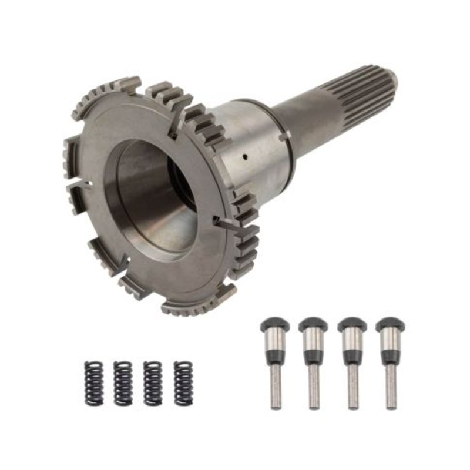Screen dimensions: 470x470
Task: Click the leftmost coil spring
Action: point(93,382)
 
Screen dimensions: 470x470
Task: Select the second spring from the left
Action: point(123,382)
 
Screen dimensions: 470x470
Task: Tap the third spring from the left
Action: point(153,382)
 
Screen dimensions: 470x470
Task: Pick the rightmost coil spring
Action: point(183,382)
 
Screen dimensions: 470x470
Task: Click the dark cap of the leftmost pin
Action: point(274,324)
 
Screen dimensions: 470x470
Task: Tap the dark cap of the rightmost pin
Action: point(389,324)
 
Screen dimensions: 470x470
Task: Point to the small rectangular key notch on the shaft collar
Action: point(285,136)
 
